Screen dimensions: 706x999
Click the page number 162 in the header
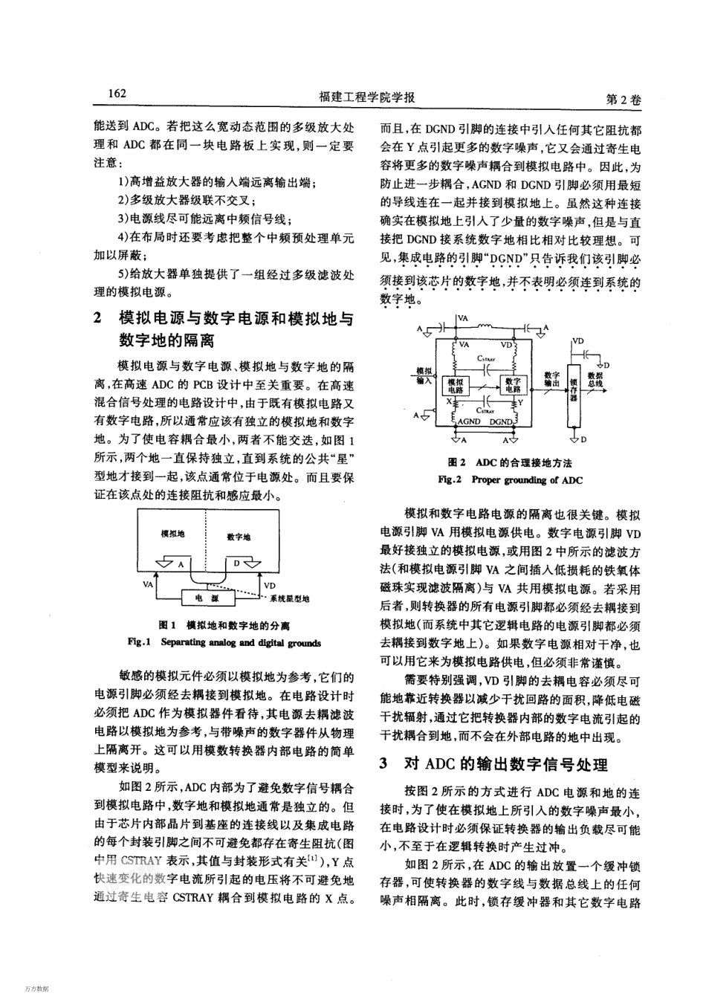pyautogui.click(x=117, y=94)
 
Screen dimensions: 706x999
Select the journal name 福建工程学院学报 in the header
pyautogui.click(x=366, y=97)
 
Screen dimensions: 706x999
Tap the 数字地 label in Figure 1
pyautogui.click(x=239, y=537)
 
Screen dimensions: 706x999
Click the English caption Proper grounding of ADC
pyautogui.click(x=511, y=479)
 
